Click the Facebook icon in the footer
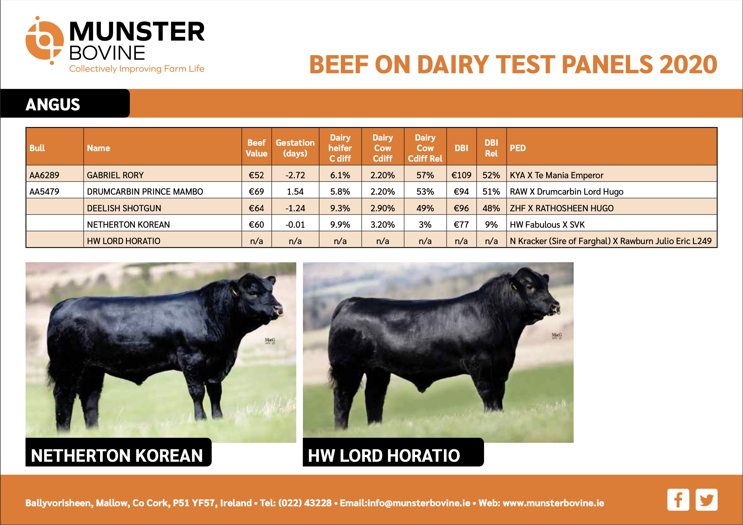pyautogui.click(x=678, y=499)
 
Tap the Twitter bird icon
pyautogui.click(x=706, y=499)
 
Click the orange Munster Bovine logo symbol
pyautogui.click(x=44, y=40)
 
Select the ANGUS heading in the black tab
pyautogui.click(x=53, y=104)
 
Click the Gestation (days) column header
pyautogui.click(x=295, y=148)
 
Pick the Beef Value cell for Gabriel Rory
pyautogui.click(x=256, y=175)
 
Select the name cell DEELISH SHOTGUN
pyautogui.click(x=124, y=208)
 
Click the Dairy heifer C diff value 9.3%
pyautogui.click(x=340, y=208)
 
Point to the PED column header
pyautogui.click(x=518, y=148)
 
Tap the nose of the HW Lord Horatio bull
pyautogui.click(x=556, y=307)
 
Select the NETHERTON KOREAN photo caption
pyautogui.click(x=117, y=455)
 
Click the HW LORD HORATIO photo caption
pyautogui.click(x=384, y=455)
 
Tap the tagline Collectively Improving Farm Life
pyautogui.click(x=137, y=69)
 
